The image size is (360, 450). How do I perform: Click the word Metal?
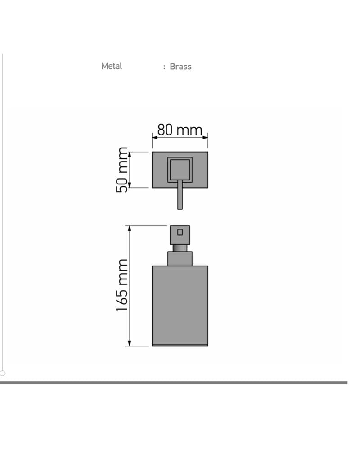[x=112, y=66]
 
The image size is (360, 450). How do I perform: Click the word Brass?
[x=180, y=67]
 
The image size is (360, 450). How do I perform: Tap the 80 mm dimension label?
[x=180, y=130]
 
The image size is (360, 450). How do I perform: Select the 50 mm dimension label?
[x=121, y=170]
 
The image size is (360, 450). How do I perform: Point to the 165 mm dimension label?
[x=121, y=285]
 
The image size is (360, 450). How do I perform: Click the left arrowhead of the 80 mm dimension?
[x=155, y=137]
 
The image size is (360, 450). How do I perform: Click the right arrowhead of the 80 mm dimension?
[x=205, y=137]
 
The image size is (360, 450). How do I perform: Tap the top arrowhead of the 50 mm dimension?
[x=130, y=155]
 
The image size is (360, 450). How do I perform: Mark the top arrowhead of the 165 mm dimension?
[x=130, y=229]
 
